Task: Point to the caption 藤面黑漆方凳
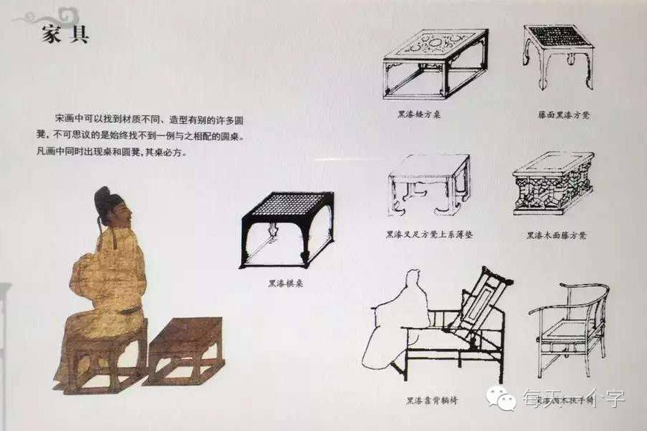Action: (560, 114)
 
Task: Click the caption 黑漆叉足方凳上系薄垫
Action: (429, 235)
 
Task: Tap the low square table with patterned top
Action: (434, 65)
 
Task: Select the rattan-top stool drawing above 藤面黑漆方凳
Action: (558, 56)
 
